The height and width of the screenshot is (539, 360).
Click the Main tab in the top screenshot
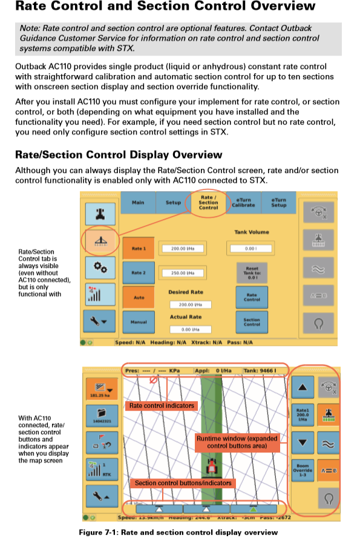tap(138, 203)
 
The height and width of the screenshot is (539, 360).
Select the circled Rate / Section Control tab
tap(208, 203)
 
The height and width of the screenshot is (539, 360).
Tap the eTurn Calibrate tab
tap(243, 203)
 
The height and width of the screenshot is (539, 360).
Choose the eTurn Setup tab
tap(278, 203)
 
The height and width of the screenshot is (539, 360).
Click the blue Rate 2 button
tap(139, 273)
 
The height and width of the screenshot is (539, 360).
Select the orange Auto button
tap(139, 298)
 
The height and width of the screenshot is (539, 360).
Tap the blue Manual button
tap(139, 322)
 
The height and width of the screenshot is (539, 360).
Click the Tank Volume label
tap(252, 232)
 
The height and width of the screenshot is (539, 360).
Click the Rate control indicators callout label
tap(162, 405)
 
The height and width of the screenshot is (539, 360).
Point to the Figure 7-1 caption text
tap(178, 532)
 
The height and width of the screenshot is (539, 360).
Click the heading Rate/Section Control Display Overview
tap(119, 155)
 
